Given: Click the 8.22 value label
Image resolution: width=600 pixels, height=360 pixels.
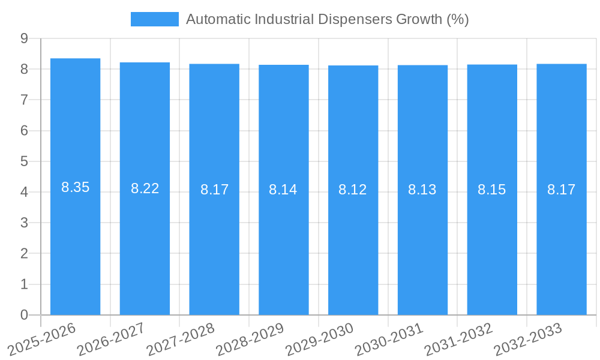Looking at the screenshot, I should pos(145,188).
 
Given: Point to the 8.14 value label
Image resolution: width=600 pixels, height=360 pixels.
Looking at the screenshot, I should pos(283,190).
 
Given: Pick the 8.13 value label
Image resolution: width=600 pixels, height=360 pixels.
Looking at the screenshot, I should pos(422,190).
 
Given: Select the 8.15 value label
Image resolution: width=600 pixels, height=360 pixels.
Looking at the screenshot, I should pos(491,190).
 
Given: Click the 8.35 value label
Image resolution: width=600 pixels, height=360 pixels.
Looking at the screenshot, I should pos(75,187).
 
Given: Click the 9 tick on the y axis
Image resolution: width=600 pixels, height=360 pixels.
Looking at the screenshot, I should pos(24,38).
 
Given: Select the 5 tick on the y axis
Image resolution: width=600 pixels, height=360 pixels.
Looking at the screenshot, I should pos(24,161).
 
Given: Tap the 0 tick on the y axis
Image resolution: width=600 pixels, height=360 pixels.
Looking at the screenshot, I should pos(24,315).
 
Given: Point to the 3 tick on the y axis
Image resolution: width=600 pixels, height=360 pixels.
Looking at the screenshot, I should pos(24,223).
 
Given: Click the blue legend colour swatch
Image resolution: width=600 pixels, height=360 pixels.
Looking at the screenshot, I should pos(155,19).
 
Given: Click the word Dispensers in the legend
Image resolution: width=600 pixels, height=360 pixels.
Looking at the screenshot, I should pos(353,19).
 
